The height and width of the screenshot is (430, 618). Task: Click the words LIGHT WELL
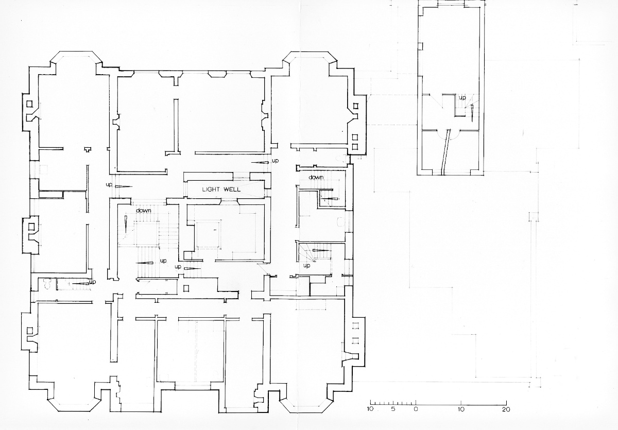tap(221, 190)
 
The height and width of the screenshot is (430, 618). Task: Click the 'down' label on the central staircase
tap(144, 211)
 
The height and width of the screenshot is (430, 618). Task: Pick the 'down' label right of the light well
tap(316, 177)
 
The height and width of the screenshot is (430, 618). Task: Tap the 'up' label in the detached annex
tap(462, 98)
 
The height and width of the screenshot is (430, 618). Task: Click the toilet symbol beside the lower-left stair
tap(47, 283)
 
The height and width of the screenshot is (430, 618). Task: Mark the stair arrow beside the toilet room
tap(80, 283)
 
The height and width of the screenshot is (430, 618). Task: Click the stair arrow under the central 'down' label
tap(126, 224)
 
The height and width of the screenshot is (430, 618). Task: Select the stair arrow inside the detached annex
tap(472, 113)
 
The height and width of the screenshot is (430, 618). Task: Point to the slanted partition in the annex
tap(445, 152)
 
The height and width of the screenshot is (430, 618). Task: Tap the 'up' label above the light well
tap(275, 161)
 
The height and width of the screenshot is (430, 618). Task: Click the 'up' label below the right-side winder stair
tap(306, 266)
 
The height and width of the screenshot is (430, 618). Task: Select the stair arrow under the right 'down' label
tap(330, 199)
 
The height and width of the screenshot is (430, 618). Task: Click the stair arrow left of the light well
tap(124, 186)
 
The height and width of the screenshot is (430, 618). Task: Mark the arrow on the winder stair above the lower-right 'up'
tap(322, 250)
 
